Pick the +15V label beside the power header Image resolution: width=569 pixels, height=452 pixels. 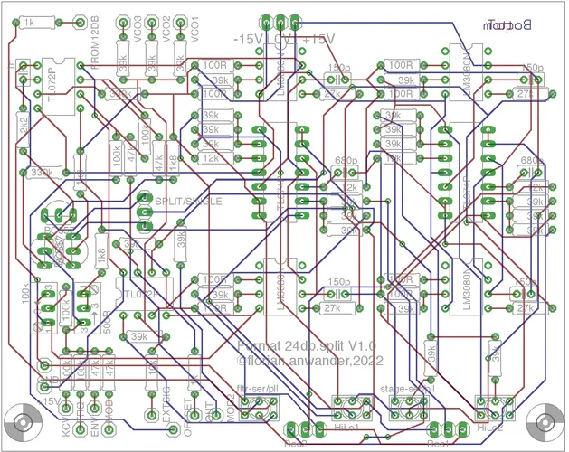(318, 41)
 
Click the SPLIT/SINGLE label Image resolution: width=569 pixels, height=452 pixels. (188, 202)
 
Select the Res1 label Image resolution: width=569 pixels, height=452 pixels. (440, 445)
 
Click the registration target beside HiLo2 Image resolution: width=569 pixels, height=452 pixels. (545, 422)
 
